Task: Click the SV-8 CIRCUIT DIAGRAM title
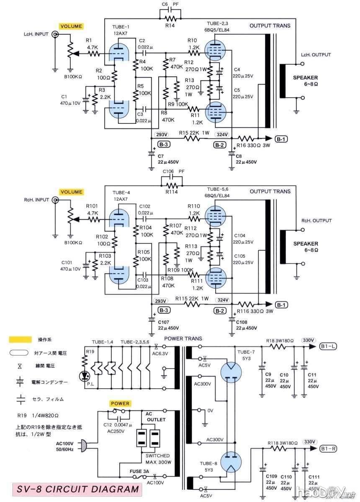77,489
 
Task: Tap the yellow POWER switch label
120,404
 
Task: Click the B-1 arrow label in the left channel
281,139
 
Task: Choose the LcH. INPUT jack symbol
54,36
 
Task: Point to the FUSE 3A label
140,471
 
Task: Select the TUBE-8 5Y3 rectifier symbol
229,463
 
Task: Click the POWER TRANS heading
183,338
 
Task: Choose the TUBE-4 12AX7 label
122,196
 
